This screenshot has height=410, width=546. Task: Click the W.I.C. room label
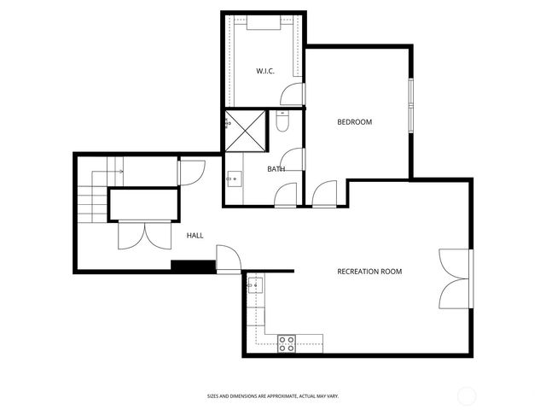[x=264, y=71]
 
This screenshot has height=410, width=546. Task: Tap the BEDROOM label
[x=354, y=122]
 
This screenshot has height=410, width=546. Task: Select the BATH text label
[x=276, y=169]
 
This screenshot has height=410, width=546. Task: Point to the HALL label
[x=195, y=235]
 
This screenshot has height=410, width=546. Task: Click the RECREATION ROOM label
[x=369, y=272]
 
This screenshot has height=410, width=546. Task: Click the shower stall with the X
[x=245, y=130]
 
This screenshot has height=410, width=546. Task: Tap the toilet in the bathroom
[x=283, y=122]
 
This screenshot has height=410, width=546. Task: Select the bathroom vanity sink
[x=233, y=179]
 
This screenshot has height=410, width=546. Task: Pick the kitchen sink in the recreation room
[x=254, y=284]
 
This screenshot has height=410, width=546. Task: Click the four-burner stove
[x=287, y=343]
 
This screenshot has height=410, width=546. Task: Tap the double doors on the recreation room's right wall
[x=455, y=279]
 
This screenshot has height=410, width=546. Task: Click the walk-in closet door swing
[x=293, y=94]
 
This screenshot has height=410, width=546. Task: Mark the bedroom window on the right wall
[x=410, y=105]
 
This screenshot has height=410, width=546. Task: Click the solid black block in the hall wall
[x=193, y=266]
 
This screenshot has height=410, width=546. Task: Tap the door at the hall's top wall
[x=190, y=173]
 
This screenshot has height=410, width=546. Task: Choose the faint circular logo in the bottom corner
[x=467, y=395]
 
